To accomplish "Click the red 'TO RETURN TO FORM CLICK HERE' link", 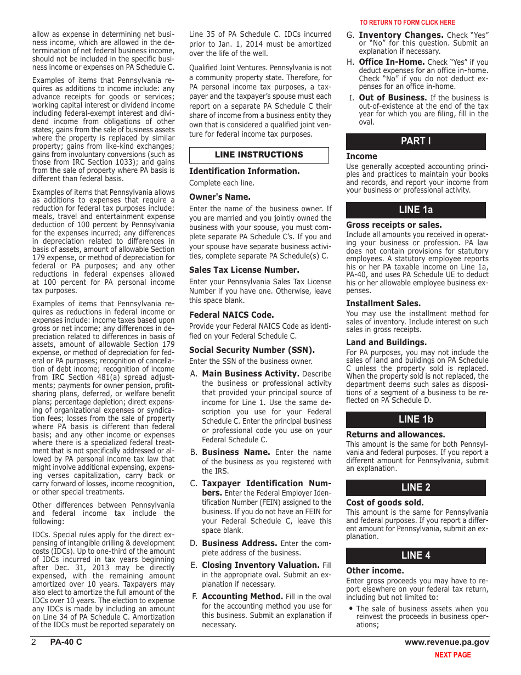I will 407,22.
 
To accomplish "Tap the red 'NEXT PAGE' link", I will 452,655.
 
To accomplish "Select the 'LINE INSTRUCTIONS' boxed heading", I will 259,155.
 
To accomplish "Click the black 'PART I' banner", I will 416,141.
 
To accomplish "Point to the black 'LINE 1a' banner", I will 416,210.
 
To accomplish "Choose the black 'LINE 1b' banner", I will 416,419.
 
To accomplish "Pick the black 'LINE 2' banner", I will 416,487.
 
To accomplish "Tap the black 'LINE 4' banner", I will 416,555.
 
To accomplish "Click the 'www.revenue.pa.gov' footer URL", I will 447,642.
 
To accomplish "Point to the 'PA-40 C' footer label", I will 66,642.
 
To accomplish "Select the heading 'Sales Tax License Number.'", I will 244,270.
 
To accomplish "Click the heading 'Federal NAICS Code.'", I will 231,315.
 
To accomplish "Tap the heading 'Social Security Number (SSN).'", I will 252,350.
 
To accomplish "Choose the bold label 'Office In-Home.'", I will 392,62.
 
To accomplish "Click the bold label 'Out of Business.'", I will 393,98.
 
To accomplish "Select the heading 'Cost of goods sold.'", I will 377,503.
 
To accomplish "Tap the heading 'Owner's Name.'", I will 220,196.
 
